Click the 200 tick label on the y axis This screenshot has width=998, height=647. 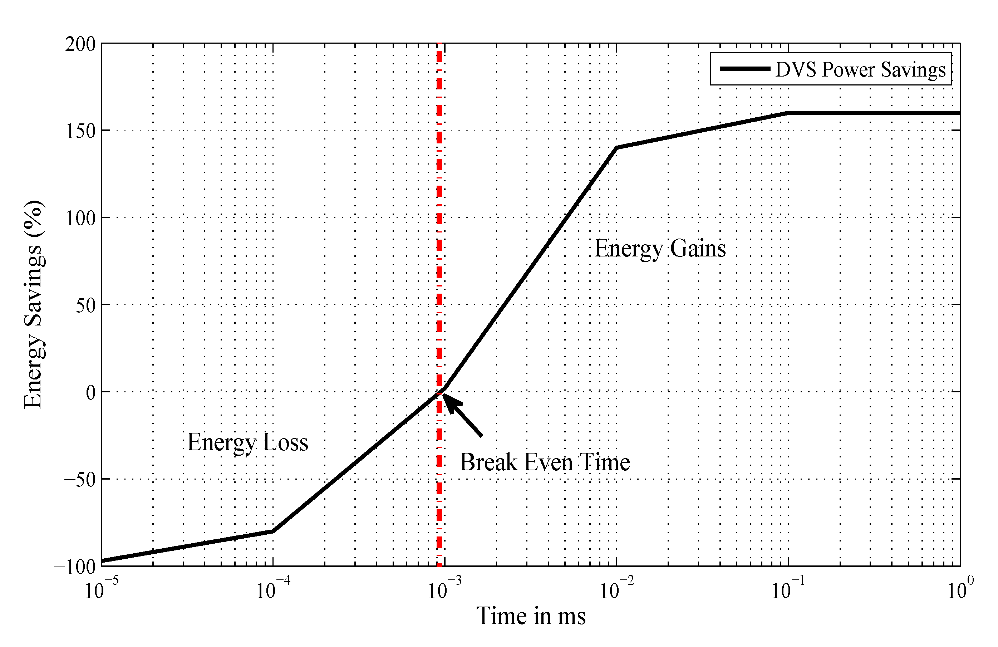tap(80, 44)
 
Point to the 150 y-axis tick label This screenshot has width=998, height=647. tap(81, 131)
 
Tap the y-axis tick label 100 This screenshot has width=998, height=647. tap(81, 219)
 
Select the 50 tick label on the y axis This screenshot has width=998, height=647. tap(85, 306)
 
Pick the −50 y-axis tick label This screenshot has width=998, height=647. tap(80, 480)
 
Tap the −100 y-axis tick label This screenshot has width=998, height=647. tap(75, 567)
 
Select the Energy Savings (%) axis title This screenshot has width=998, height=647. tap(33, 304)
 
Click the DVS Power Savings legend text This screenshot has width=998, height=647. tap(860, 70)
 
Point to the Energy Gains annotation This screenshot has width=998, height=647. tap(660, 248)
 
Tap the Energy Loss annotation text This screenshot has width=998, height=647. tap(247, 442)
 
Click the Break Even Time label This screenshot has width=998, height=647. tap(544, 462)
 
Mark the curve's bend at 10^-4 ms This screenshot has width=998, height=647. tap(273, 531)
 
